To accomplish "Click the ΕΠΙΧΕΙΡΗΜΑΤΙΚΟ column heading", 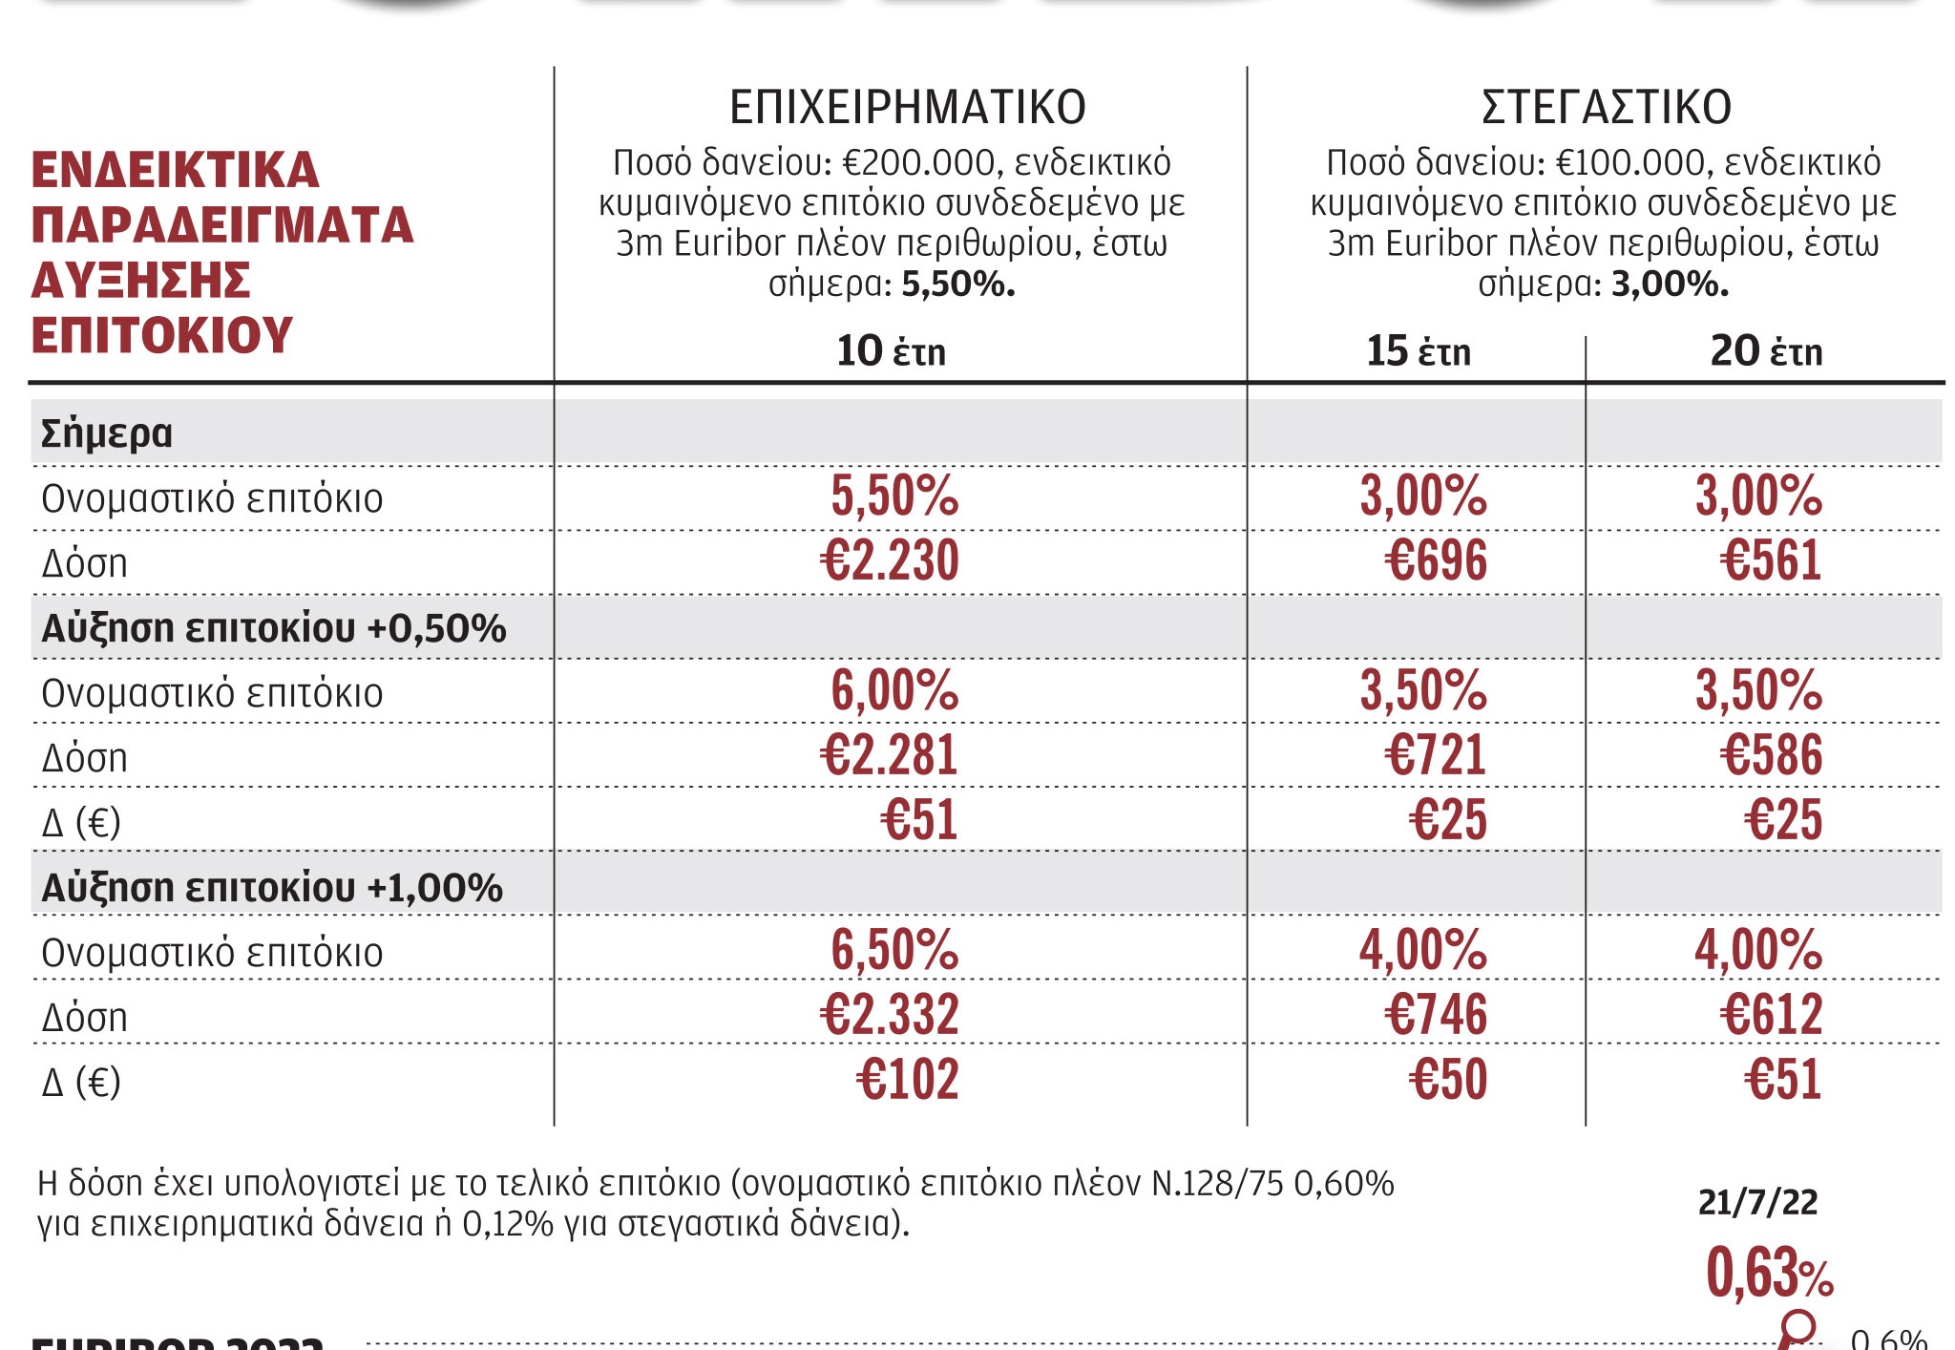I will (x=907, y=107).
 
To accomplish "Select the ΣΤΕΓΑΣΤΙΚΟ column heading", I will (x=1606, y=107).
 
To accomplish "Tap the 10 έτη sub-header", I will (x=891, y=351).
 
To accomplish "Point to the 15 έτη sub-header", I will (x=1418, y=351).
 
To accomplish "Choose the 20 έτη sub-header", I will (x=1766, y=351).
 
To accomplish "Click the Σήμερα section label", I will (x=106, y=433).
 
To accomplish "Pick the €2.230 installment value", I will (x=889, y=560).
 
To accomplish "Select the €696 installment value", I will (x=1436, y=560).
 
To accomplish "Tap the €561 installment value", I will (x=1771, y=560).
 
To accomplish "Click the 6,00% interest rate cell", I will (x=894, y=690).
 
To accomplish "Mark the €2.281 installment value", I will (x=889, y=755).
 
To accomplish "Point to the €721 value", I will (x=1436, y=755).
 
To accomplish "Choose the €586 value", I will (x=1771, y=755).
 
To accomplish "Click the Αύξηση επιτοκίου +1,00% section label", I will (x=272, y=888).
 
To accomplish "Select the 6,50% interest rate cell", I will (x=894, y=950).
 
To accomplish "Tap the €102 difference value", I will (x=907, y=1080).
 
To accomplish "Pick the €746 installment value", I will (x=1436, y=1015).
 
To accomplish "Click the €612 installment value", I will (x=1771, y=1015).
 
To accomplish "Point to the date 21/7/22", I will (x=1757, y=1202).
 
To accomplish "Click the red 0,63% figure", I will (x=1769, y=1273).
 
